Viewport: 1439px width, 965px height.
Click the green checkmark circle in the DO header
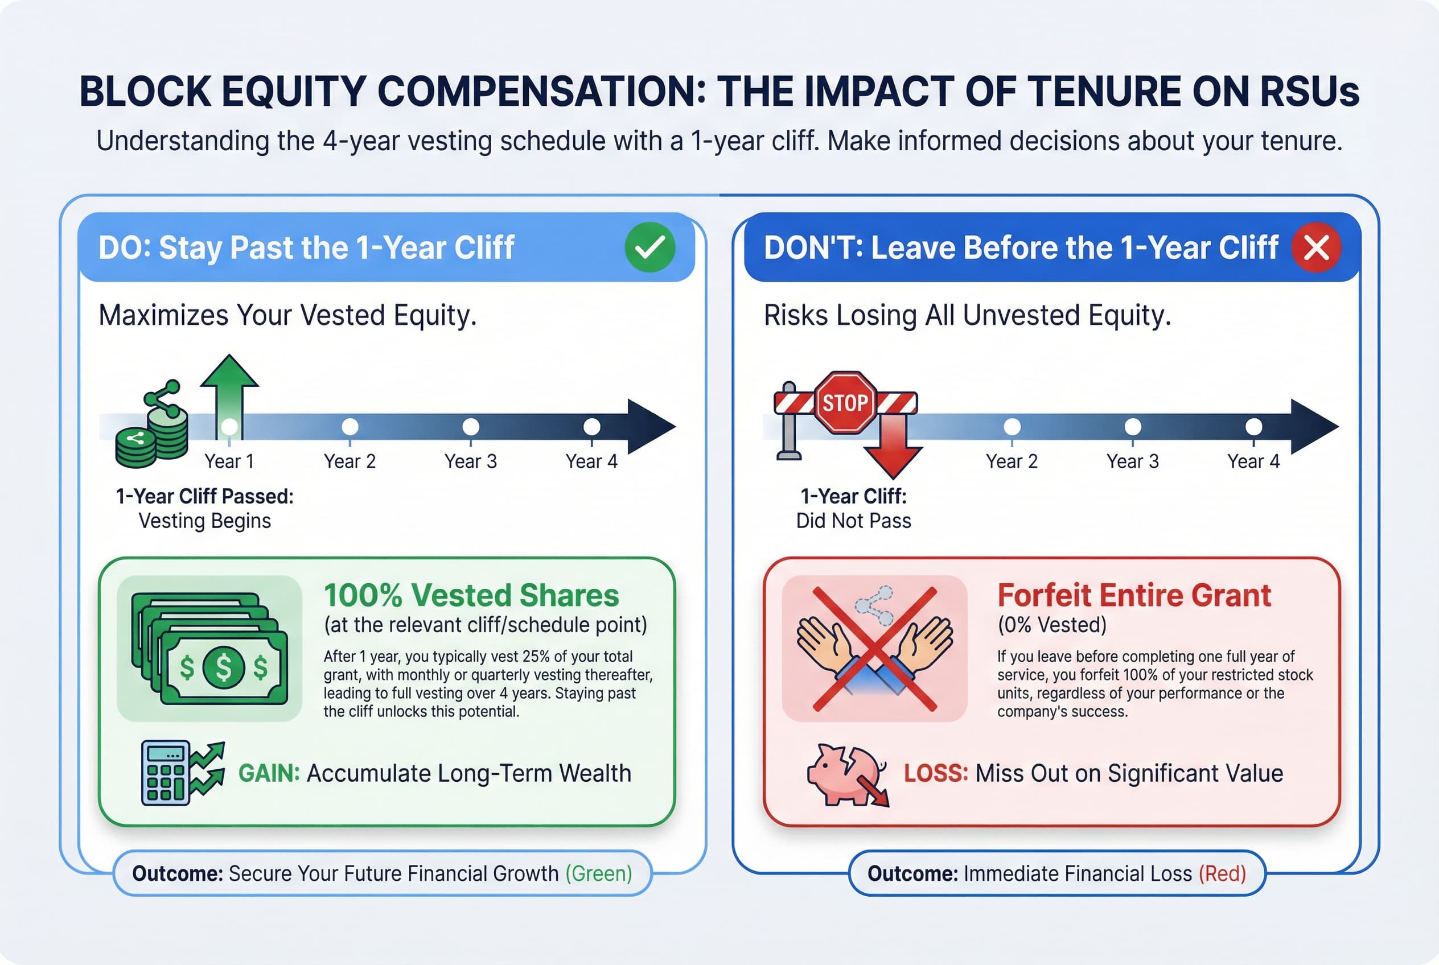pyautogui.click(x=649, y=248)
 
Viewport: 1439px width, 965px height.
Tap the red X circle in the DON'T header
pyautogui.click(x=1317, y=248)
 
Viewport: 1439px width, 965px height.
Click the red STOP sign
pyautogui.click(x=845, y=403)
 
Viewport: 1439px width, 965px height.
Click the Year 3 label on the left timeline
pyautogui.click(x=470, y=461)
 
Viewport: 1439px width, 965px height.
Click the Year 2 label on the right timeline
pyautogui.click(x=1011, y=461)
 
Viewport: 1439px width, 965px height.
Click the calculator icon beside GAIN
pyautogui.click(x=165, y=773)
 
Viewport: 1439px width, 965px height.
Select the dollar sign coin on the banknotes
pyautogui.click(x=224, y=667)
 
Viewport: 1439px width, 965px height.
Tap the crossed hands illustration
pyautogui.click(x=874, y=649)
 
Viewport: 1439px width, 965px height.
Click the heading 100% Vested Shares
pyautogui.click(x=471, y=595)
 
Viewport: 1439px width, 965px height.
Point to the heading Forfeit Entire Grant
pyautogui.click(x=1133, y=595)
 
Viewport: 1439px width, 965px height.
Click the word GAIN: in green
pyautogui.click(x=269, y=773)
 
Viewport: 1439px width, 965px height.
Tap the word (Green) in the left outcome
pyautogui.click(x=598, y=873)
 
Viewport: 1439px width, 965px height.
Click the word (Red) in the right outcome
pyautogui.click(x=1222, y=873)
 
